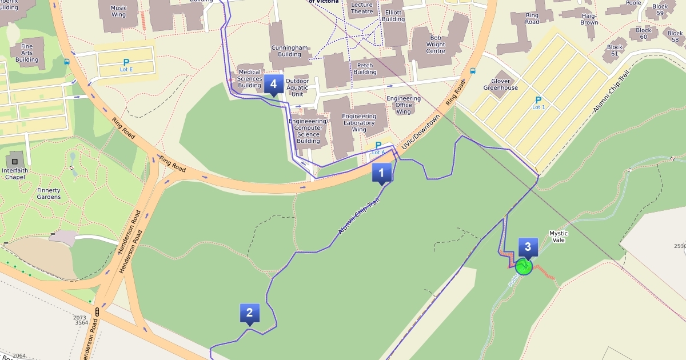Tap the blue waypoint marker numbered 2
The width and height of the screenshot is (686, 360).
point(249,314)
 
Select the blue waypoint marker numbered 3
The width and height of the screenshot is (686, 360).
point(528,247)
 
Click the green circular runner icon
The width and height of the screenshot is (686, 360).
point(523,267)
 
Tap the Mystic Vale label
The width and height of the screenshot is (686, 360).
point(559,237)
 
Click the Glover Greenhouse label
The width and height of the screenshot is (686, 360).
point(500,85)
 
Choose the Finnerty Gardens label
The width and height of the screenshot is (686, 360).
point(49,194)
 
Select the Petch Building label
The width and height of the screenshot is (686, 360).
point(365,69)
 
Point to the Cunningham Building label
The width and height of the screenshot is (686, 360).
point(289,51)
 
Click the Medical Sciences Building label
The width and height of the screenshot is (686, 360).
point(249,79)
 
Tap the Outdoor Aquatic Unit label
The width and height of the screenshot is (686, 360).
point(297,87)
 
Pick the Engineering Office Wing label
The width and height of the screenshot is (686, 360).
point(404,105)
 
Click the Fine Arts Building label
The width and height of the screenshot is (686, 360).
point(27,53)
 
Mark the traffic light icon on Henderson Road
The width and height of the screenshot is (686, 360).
point(98,312)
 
